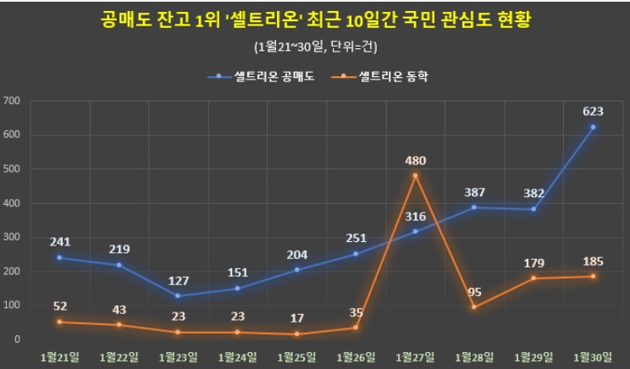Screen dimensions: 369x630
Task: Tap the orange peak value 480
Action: point(415,160)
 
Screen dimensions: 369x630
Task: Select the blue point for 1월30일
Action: point(593,127)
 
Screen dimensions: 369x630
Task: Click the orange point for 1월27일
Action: point(415,175)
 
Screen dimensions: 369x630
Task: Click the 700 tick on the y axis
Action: point(12,101)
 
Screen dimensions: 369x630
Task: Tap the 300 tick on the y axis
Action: point(12,237)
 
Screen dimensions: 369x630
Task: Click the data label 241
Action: point(59,240)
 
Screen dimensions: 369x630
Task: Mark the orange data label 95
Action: point(474,292)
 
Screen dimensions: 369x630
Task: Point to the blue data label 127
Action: point(178,278)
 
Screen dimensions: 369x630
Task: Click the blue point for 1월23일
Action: point(178,295)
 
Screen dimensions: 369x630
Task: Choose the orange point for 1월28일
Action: point(474,306)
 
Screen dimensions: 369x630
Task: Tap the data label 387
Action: point(474,192)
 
